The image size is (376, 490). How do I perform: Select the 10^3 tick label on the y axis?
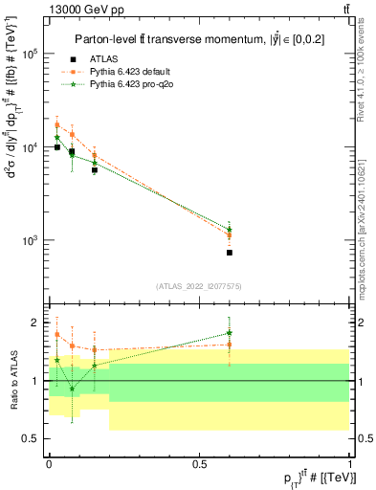(x=30, y=241)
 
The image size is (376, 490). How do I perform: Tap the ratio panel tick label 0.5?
(x=31, y=438)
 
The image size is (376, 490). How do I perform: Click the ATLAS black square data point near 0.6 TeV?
(x=230, y=253)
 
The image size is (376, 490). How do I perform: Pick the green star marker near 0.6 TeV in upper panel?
(x=230, y=230)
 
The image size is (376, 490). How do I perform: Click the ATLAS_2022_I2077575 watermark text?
(x=198, y=285)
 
